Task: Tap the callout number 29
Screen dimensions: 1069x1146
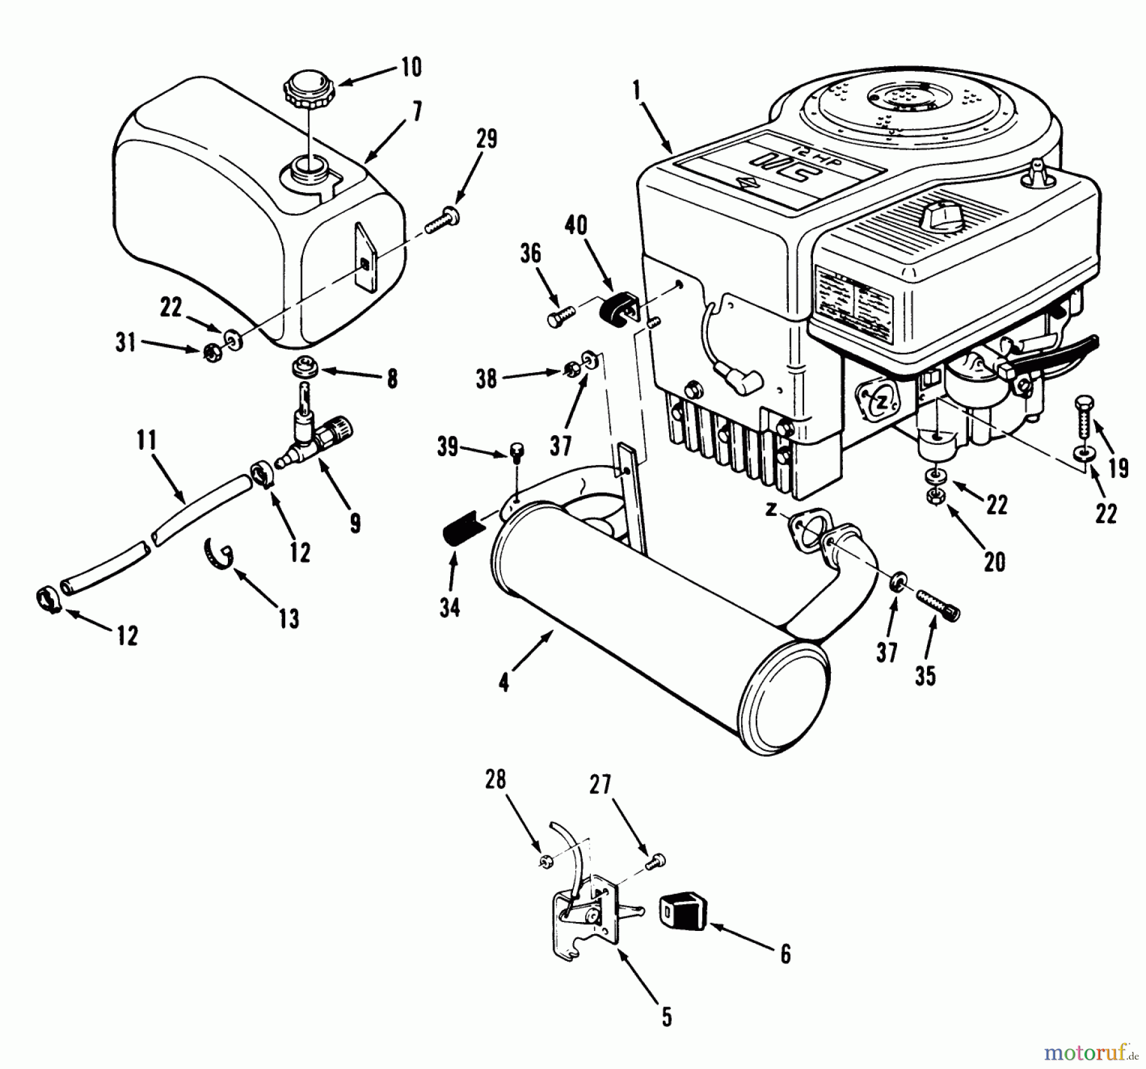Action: (x=486, y=139)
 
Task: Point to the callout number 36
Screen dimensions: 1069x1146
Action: (x=530, y=253)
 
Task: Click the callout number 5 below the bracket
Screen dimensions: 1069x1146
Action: (x=666, y=1017)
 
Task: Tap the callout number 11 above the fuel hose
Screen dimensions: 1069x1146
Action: (x=146, y=440)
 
